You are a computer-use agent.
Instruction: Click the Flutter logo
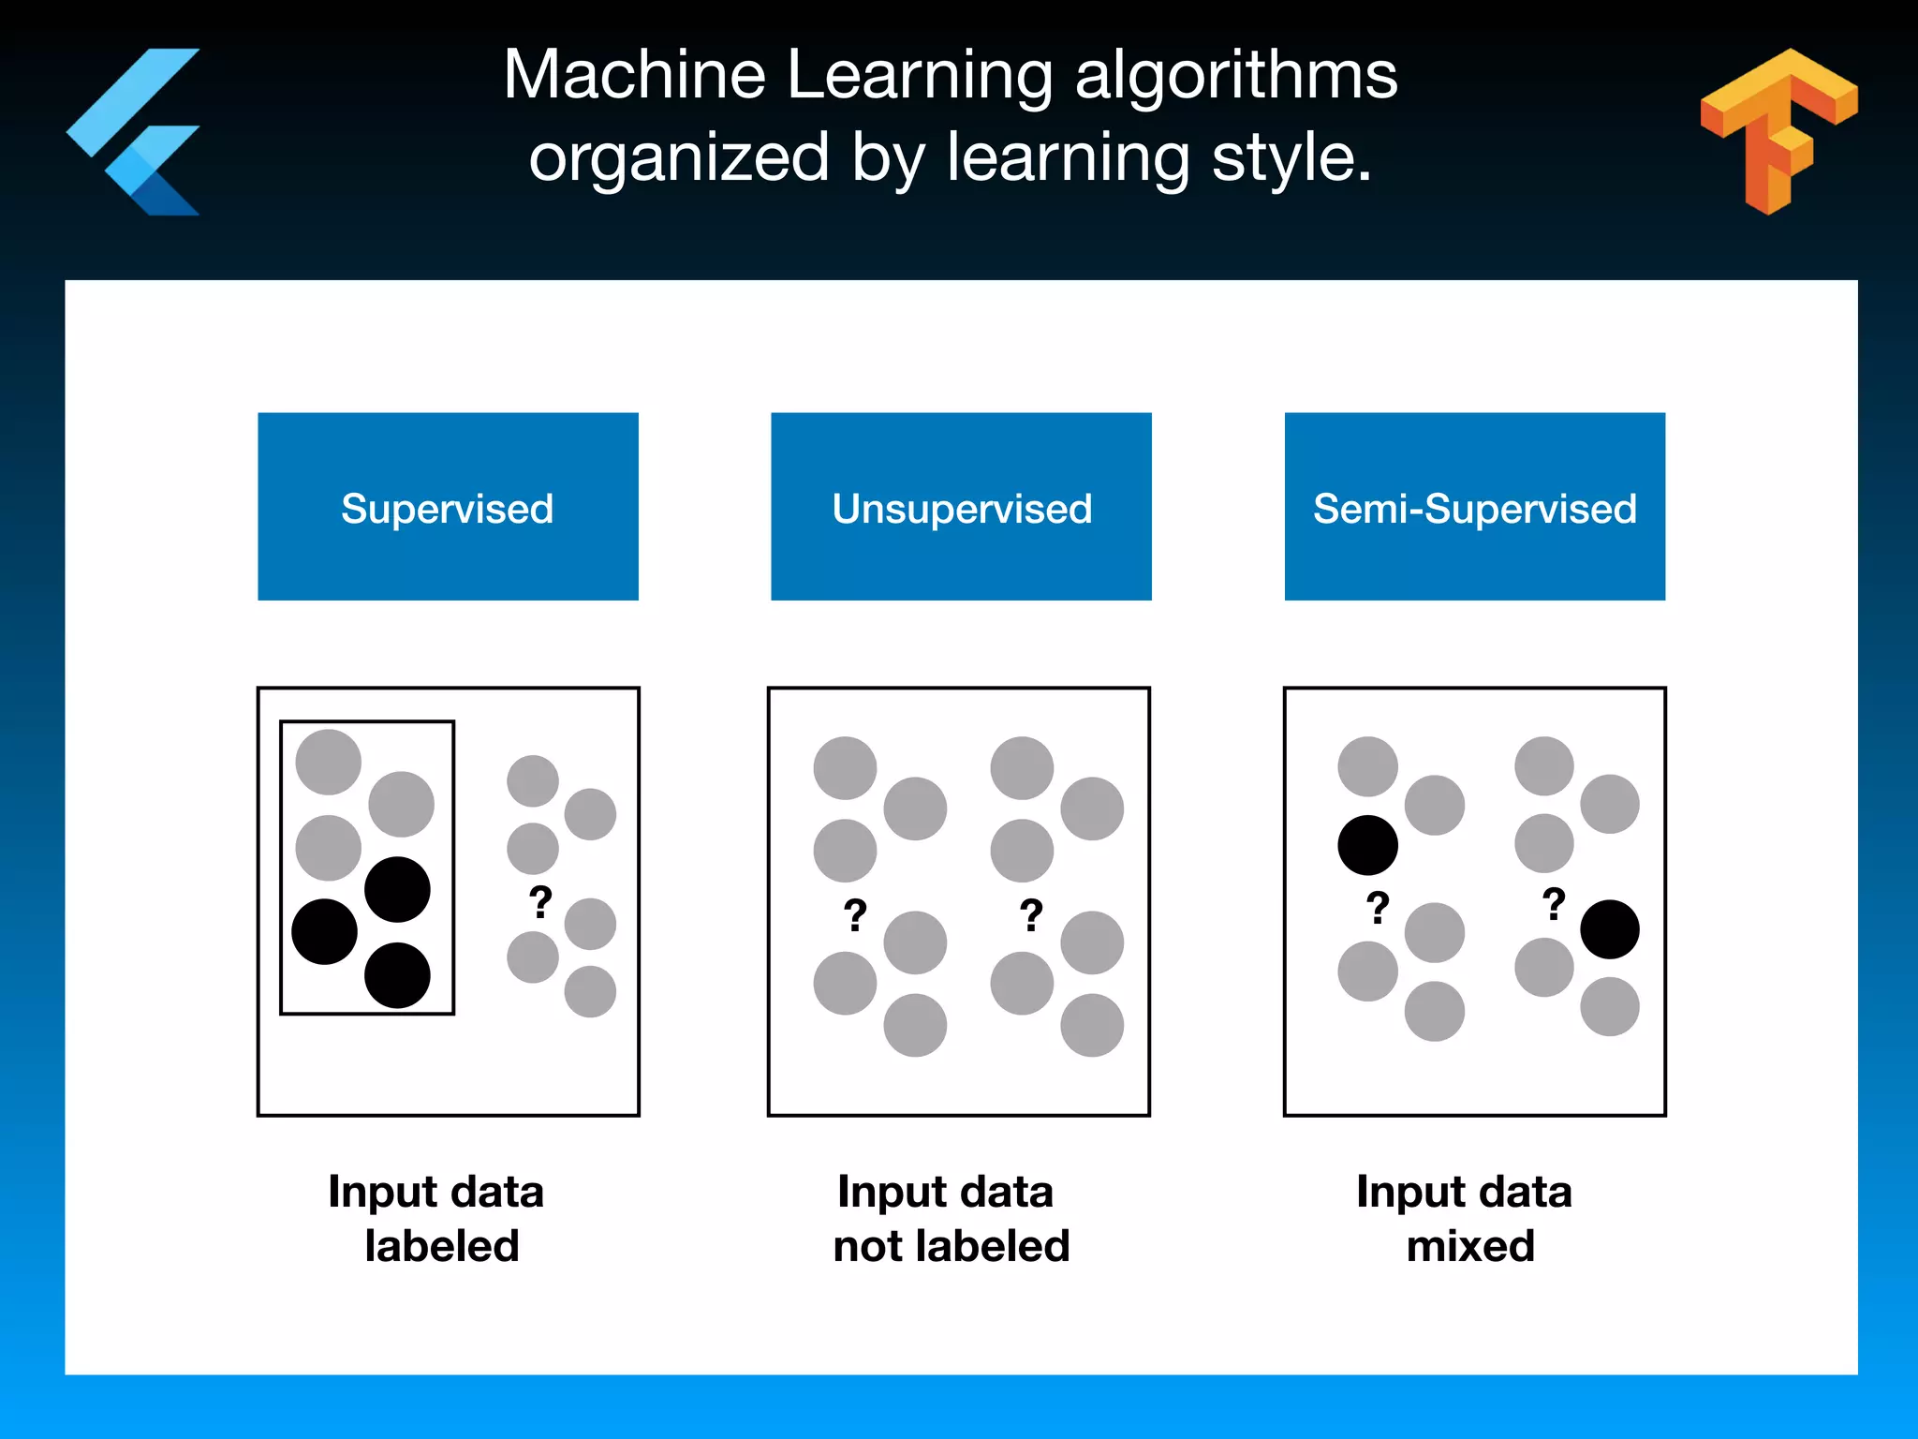(136, 131)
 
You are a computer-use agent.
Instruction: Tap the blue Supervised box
(448, 506)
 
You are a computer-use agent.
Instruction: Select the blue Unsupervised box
(961, 506)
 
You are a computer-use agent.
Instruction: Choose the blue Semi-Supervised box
(1474, 506)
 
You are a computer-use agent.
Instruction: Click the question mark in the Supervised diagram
(540, 902)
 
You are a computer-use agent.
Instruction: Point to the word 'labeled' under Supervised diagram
(441, 1246)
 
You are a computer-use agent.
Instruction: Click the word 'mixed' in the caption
(1469, 1246)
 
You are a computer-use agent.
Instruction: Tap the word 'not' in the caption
(868, 1246)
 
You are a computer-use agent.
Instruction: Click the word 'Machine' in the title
(634, 75)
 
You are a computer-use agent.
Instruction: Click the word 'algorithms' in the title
(1235, 75)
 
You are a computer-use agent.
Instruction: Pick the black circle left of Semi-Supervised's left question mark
(1367, 845)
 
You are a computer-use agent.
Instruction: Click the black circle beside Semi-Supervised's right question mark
(1609, 929)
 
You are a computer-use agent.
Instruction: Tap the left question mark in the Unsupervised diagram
(855, 914)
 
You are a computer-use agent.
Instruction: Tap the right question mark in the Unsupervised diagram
(1031, 914)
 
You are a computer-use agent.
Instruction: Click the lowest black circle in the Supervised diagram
(397, 975)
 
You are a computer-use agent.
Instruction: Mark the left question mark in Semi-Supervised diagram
(1377, 907)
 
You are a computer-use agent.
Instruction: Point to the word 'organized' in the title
(679, 156)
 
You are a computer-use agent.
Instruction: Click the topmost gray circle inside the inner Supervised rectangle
(328, 762)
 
